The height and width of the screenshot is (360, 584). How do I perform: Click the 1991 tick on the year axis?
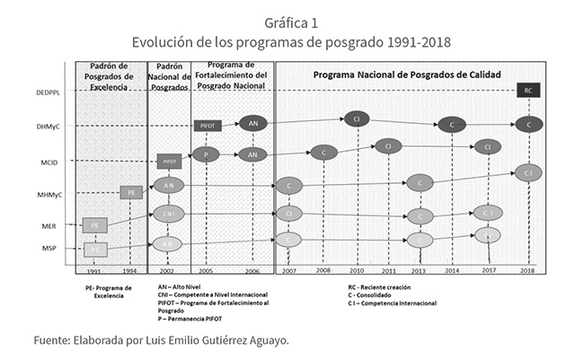[93, 270]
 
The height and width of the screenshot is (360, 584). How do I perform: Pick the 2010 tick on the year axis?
[357, 269]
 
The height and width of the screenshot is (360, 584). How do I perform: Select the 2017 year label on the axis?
[488, 269]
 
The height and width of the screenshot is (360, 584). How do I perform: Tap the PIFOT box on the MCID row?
[169, 162]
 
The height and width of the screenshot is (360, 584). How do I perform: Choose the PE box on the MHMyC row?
[131, 192]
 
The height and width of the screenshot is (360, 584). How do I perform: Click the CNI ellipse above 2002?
[168, 214]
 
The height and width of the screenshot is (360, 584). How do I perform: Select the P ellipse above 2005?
[206, 154]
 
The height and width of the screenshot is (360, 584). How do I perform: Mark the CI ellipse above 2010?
[356, 119]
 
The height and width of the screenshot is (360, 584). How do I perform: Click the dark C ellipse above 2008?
[323, 153]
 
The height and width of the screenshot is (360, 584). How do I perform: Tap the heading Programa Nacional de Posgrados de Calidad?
[407, 74]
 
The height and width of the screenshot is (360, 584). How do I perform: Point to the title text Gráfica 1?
[291, 21]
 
